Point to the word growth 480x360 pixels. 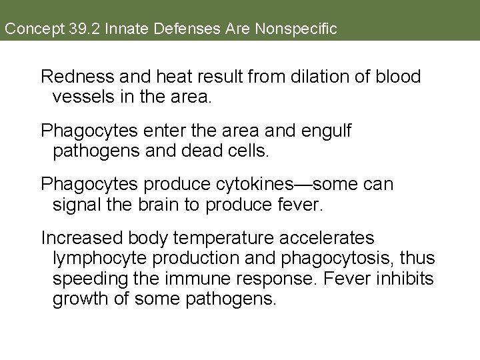tap(80, 300)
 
